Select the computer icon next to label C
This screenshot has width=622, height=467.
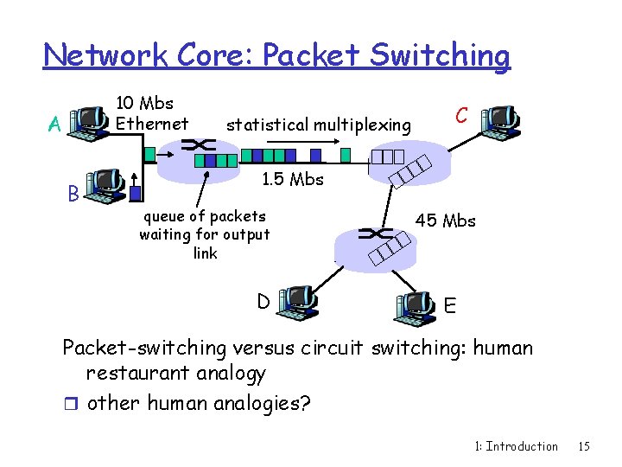pyautogui.click(x=500, y=122)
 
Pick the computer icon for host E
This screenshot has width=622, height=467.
pyautogui.click(x=415, y=306)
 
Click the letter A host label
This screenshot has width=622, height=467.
pyautogui.click(x=54, y=125)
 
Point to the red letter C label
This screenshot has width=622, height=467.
pyautogui.click(x=462, y=115)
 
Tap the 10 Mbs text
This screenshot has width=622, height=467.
pyautogui.click(x=145, y=104)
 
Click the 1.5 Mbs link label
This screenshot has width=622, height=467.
pyautogui.click(x=292, y=180)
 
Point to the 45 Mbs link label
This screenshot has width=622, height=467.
pyautogui.click(x=446, y=221)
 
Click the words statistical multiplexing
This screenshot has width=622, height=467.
pyautogui.click(x=318, y=125)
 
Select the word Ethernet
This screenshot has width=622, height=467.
pyautogui.click(x=152, y=124)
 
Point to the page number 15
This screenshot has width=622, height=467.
pyautogui.click(x=584, y=446)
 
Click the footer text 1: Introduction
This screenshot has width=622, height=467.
pyautogui.click(x=517, y=446)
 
